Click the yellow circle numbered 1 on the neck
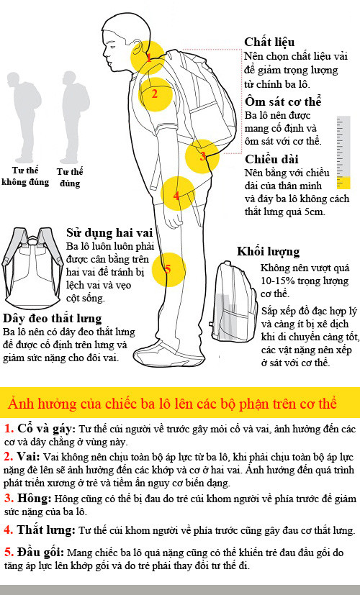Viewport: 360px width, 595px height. pyautogui.click(x=148, y=58)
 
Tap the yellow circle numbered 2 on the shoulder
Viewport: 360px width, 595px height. pyautogui.click(x=156, y=94)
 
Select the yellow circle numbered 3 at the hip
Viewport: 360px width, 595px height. pyautogui.click(x=202, y=156)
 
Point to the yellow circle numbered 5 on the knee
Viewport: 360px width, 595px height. pyautogui.click(x=168, y=270)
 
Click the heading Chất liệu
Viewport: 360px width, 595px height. pyautogui.click(x=269, y=42)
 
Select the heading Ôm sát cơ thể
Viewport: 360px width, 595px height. pyautogui.click(x=283, y=101)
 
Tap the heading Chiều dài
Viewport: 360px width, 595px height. pyautogui.click(x=271, y=158)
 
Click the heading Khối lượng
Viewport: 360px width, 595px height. pyautogui.click(x=268, y=252)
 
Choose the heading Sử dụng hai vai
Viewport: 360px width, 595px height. pyautogui.click(x=109, y=232)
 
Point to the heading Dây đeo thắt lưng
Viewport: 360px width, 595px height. pyautogui.click(x=52, y=319)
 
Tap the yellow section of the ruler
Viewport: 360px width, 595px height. pyautogui.click(x=343, y=183)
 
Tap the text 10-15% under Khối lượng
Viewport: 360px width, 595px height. pyautogui.click(x=275, y=281)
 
